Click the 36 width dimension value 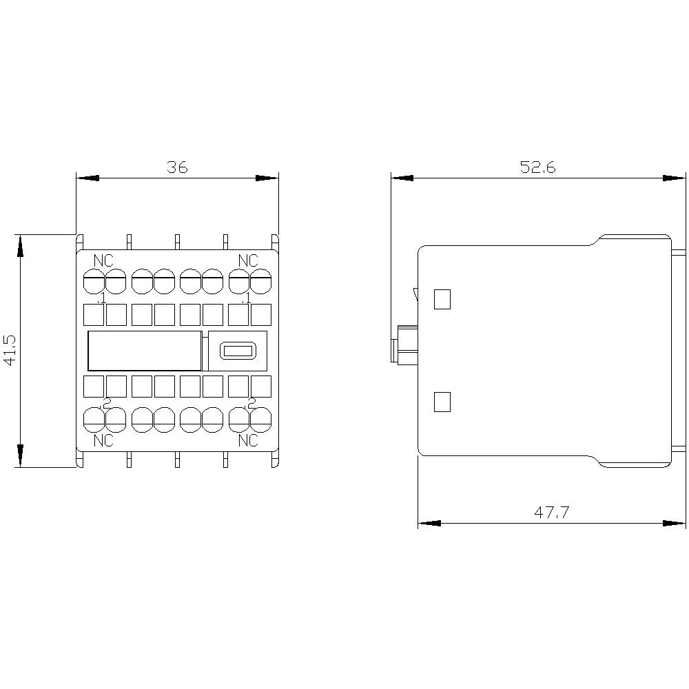176,167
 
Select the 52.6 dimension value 537,167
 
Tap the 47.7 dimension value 551,512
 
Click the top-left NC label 104,260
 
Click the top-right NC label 248,260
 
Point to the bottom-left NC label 104,440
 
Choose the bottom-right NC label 248,440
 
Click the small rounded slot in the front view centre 237,351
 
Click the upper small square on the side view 442,299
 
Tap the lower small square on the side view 442,402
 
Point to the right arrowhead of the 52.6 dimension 676,178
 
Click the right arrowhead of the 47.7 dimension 676,524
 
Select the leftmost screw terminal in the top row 93,281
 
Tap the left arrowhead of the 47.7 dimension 429,524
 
